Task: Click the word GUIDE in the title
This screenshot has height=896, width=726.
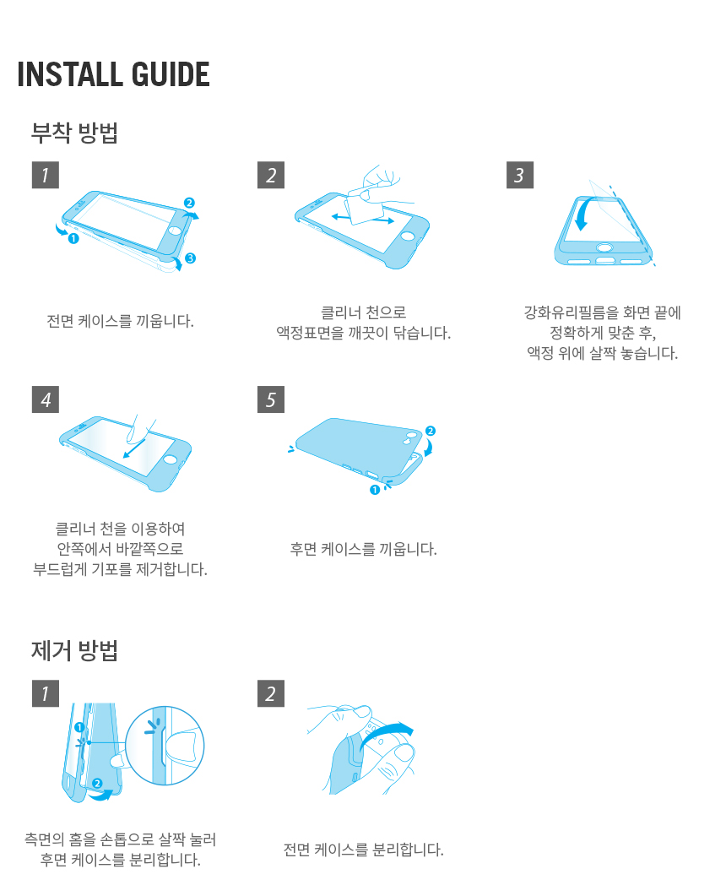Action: [x=171, y=74]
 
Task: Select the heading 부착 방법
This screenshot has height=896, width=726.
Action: [x=74, y=133]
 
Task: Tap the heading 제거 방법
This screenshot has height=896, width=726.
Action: [x=74, y=650]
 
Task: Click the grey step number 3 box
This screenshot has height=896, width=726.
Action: [x=520, y=175]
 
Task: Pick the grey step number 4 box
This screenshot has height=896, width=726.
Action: [x=46, y=399]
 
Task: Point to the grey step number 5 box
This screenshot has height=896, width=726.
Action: [x=271, y=399]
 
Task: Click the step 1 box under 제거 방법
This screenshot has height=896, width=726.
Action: [x=46, y=693]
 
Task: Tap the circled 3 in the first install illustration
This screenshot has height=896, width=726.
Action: [x=190, y=258]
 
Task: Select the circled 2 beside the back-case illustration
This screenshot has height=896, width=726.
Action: [x=431, y=431]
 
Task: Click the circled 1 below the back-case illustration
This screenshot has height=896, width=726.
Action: [x=375, y=490]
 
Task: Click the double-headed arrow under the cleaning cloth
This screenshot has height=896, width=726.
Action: [x=363, y=218]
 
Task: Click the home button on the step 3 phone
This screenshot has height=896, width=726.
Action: [x=604, y=247]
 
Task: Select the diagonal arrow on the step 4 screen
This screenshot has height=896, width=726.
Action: [x=135, y=448]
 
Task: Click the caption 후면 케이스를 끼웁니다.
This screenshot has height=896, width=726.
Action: [x=363, y=549]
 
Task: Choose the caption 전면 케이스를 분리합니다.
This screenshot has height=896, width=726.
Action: [x=363, y=850]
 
